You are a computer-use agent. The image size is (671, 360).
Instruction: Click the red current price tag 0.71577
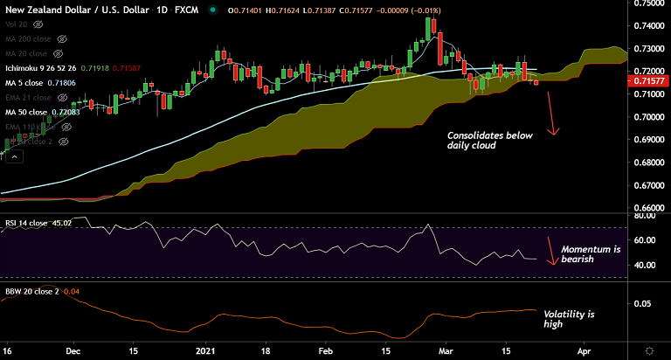651,80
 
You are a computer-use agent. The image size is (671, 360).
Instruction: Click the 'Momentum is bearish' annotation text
590,255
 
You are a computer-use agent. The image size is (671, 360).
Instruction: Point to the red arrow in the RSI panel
550,250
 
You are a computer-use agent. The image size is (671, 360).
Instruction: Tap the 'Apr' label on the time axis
585,348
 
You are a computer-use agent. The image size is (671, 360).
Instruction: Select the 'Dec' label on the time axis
73,348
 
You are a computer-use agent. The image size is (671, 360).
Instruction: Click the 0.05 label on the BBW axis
642,304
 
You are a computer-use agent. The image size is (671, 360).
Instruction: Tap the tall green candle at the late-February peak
428,29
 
